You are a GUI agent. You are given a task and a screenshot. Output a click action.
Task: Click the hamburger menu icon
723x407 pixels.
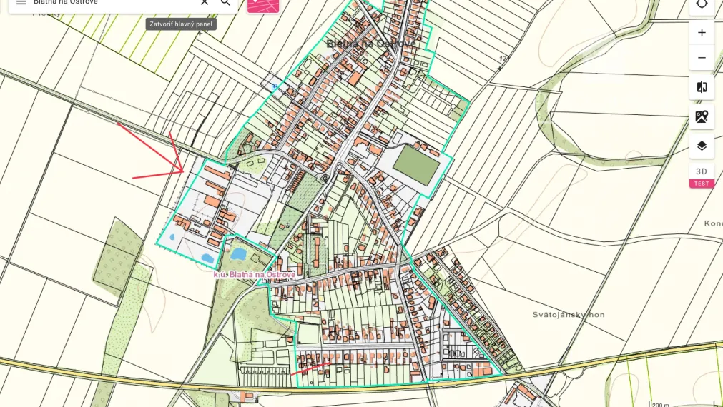click(21, 2)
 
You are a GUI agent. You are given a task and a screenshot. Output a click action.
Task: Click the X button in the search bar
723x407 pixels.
click(205, 2)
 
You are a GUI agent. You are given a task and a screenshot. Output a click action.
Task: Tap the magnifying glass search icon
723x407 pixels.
click(226, 2)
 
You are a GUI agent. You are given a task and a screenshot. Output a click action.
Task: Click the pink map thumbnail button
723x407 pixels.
click(263, 4)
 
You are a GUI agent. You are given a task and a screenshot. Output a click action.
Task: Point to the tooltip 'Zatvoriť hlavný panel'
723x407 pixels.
click(181, 24)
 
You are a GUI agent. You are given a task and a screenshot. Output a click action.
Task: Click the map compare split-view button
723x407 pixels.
click(702, 87)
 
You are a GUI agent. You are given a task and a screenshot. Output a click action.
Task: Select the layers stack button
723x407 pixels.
click(702, 146)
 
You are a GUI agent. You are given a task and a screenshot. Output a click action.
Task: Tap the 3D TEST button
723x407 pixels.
click(702, 176)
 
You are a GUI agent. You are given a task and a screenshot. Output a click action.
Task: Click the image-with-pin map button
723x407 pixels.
click(702, 116)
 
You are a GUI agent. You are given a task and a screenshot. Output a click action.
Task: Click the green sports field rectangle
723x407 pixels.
click(416, 166)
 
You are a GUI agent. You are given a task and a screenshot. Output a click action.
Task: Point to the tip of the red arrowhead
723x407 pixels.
click(184, 170)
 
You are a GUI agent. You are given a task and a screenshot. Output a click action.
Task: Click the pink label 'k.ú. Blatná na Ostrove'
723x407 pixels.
click(254, 274)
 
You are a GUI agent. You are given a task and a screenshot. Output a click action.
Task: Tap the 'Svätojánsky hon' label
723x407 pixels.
click(569, 314)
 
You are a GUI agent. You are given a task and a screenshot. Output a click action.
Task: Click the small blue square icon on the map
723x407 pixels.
click(274, 86)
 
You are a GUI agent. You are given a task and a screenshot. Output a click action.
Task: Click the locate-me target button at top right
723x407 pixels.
click(702, 4)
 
